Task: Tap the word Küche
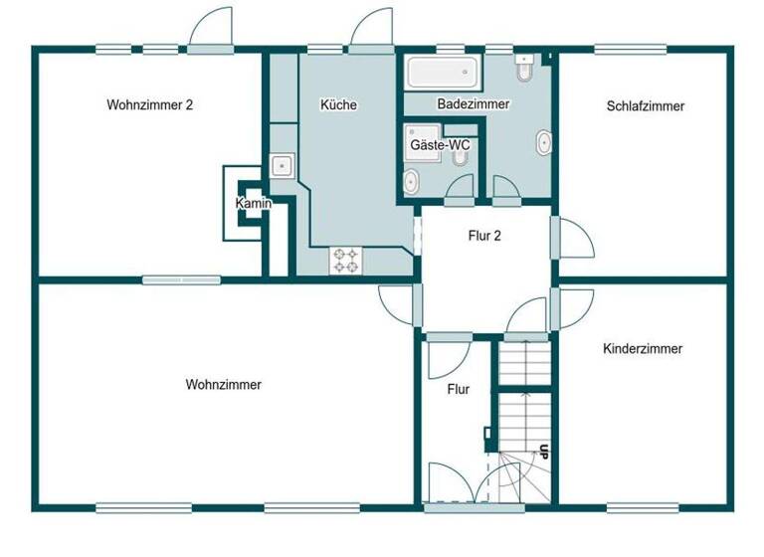(x=338, y=104)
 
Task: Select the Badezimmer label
(x=474, y=103)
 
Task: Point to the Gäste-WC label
(x=441, y=145)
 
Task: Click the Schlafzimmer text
(x=645, y=105)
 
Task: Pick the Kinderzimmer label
(x=643, y=349)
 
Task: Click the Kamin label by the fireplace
(x=253, y=204)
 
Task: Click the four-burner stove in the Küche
(x=347, y=261)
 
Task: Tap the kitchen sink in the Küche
(x=282, y=166)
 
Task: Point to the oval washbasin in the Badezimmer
(x=543, y=143)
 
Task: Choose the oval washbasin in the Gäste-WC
(x=410, y=181)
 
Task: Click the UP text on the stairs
(x=544, y=450)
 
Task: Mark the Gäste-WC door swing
(x=459, y=186)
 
